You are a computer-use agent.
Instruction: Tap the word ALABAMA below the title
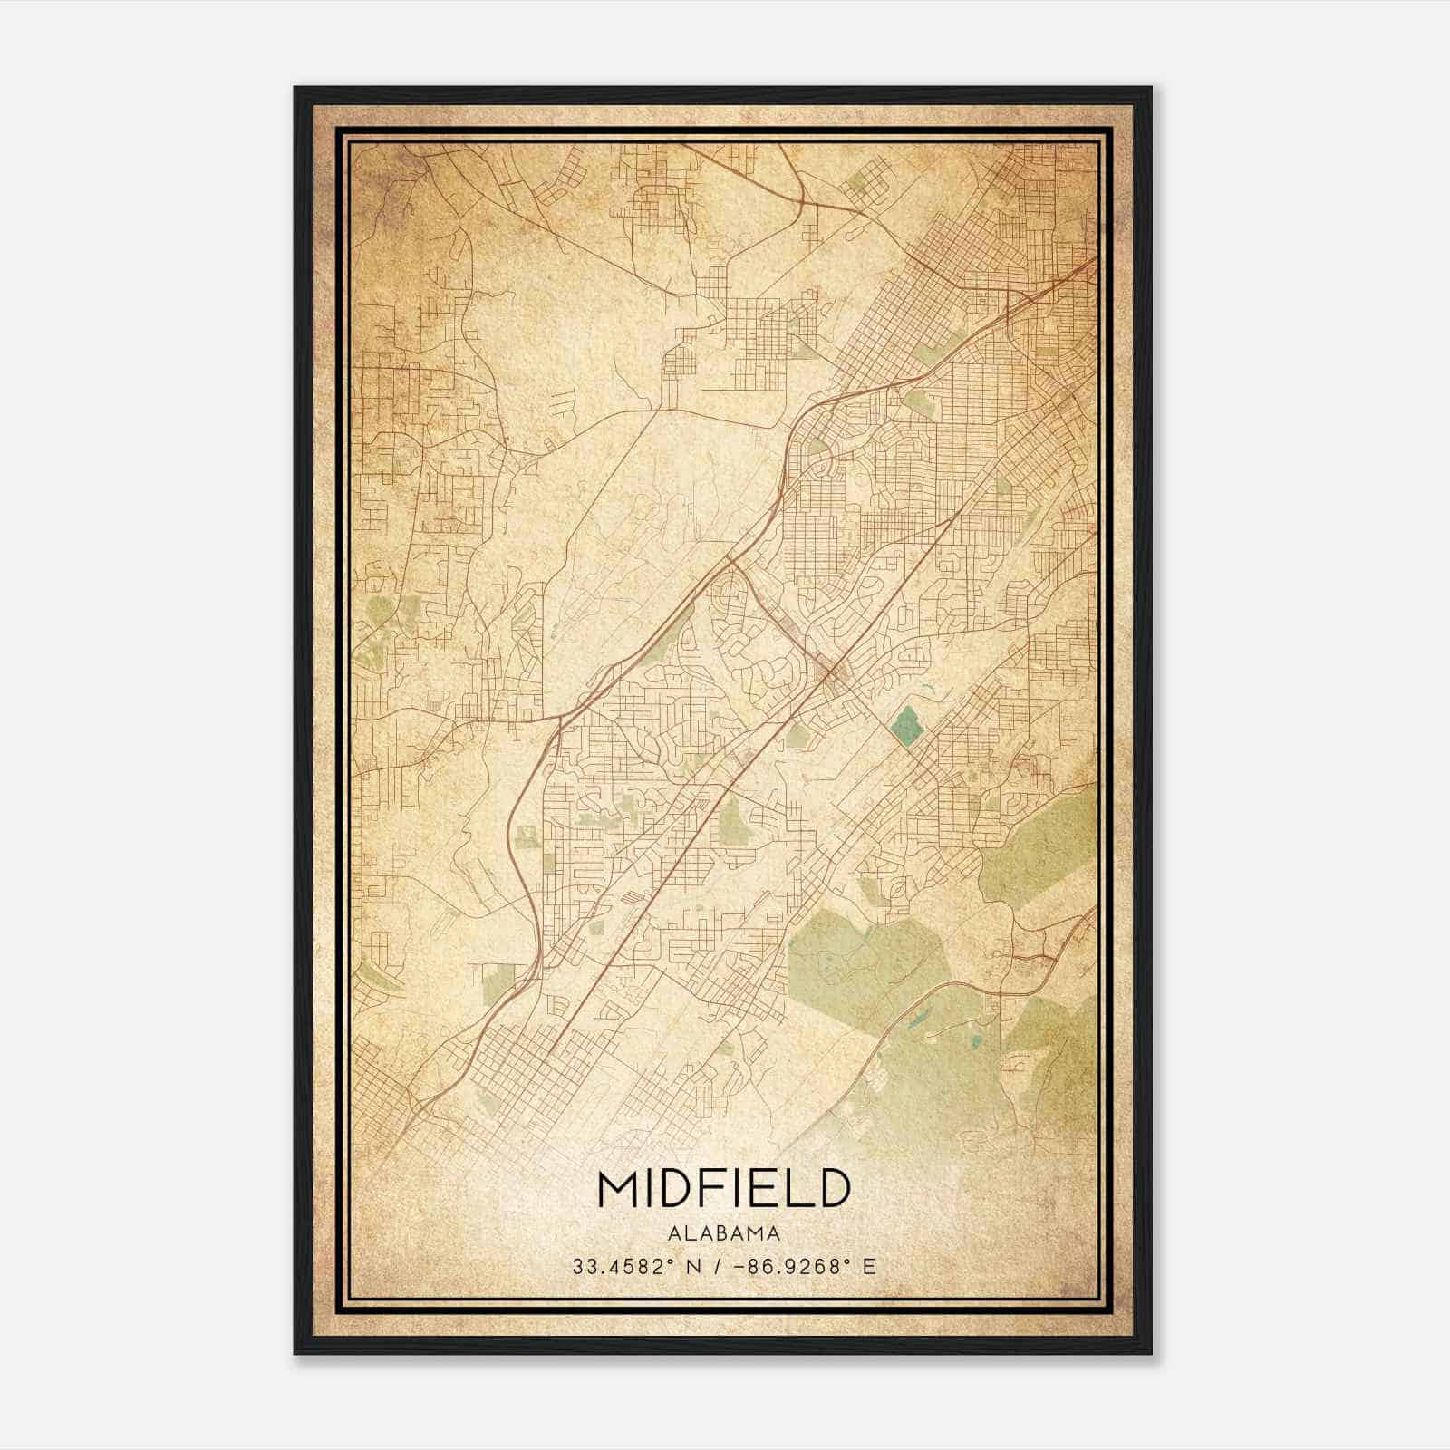pyautogui.click(x=723, y=1233)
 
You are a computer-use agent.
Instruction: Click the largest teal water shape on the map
pyautogui.click(x=904, y=725)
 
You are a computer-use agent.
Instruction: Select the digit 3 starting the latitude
pyautogui.click(x=577, y=1267)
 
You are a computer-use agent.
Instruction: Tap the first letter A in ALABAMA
pyautogui.click(x=673, y=1233)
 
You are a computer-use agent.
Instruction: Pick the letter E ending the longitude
pyautogui.click(x=869, y=1267)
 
